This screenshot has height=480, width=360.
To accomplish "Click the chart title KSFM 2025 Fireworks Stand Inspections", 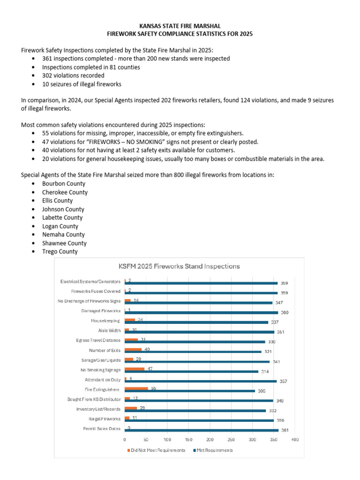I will [x=180, y=266].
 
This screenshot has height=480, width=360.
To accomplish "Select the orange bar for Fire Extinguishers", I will [x=136, y=389].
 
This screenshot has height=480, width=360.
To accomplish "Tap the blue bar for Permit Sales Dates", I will [x=202, y=430].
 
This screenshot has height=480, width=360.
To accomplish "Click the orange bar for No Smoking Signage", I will [x=135, y=369].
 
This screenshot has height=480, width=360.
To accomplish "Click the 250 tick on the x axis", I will [x=231, y=440].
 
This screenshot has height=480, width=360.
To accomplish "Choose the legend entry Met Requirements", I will [x=216, y=450].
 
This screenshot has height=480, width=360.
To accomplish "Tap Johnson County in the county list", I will [x=63, y=209].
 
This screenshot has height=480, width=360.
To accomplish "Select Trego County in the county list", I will [x=60, y=252].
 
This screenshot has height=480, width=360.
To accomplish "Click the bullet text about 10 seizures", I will [x=82, y=84].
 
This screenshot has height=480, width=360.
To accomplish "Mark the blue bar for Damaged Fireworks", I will [x=201, y=313].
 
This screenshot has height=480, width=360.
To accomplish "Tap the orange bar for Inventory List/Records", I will [x=131, y=408].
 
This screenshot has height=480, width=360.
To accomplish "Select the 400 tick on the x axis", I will [x=295, y=440].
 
